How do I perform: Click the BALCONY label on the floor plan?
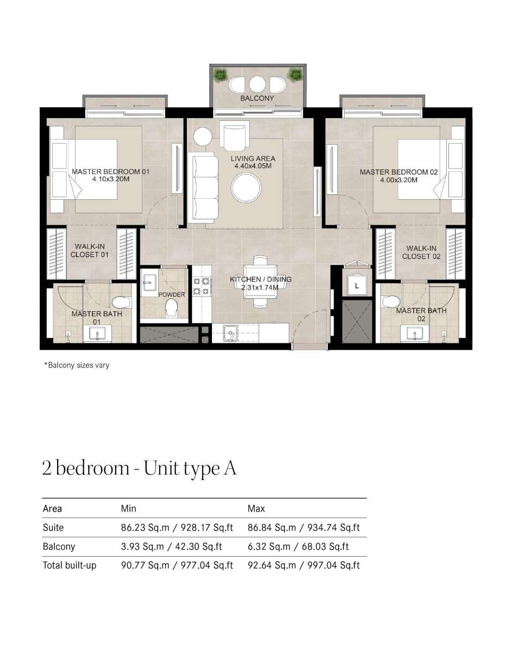(257, 98)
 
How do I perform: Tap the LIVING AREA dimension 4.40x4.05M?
(253, 166)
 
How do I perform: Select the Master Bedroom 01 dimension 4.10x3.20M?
(111, 179)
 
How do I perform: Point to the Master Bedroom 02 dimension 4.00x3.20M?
(398, 180)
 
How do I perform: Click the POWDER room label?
(172, 294)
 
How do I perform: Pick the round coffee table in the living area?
(246, 188)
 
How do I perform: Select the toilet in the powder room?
(172, 307)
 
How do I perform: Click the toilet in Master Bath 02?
(391, 301)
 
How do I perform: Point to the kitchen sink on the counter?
(230, 333)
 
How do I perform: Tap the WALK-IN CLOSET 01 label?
(90, 250)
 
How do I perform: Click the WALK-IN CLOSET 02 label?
(421, 252)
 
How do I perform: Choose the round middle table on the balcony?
(257, 84)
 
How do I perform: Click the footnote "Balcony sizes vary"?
(77, 366)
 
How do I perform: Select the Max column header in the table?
(256, 509)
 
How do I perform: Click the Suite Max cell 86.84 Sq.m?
(272, 528)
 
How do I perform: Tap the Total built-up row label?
(70, 565)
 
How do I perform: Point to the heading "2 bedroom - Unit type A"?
(139, 469)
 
